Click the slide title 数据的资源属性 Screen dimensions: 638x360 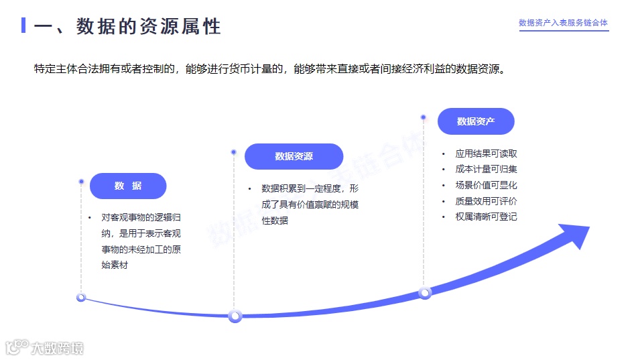148,26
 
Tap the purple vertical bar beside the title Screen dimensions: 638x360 23,25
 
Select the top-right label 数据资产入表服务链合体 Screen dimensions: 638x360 563,23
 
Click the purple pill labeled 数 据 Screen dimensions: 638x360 128,186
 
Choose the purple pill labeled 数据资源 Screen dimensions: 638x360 294,156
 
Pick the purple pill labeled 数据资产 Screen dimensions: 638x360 476,121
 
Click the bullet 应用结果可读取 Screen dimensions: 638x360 486,154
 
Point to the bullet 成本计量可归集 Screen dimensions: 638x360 486,170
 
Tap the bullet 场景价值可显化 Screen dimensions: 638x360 486,185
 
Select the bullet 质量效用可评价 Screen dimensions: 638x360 486,201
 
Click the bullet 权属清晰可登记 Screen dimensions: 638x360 486,217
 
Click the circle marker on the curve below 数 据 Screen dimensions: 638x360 81,297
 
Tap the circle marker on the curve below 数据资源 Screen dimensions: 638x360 235,316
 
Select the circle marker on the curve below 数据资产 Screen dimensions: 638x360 425,292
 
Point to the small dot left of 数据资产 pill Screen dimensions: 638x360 423,117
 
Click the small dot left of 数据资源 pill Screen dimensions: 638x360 233,152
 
